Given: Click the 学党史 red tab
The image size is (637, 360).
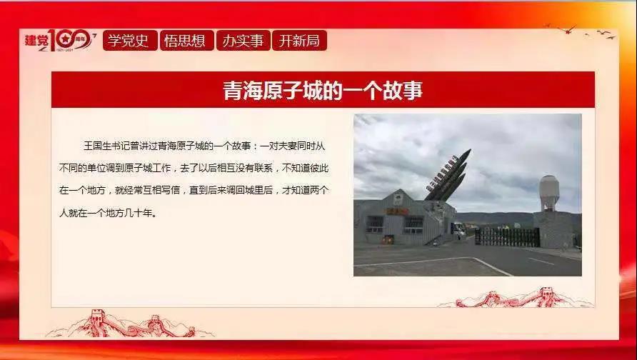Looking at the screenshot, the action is point(130,40).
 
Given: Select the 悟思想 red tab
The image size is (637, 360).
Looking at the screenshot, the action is point(186,40).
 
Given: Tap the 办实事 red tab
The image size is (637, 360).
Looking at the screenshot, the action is point(243,40).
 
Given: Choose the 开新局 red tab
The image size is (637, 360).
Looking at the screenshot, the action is point(299,40).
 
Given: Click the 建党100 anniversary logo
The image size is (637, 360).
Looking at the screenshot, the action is point(60,40).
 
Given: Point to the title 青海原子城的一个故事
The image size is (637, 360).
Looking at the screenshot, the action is point(323,90).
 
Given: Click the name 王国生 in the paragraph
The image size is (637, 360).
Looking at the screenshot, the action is point(97,146).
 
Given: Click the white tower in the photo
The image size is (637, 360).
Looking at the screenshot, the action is point(549,193).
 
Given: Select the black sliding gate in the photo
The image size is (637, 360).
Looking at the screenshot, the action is point(508,237).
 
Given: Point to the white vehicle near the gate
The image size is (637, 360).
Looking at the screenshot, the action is point(459,231).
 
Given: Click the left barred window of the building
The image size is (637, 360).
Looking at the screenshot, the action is point(375,224).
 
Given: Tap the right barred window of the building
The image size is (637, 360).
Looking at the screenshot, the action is point(413,225).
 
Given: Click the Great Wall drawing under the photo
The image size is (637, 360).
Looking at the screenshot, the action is point(516,299).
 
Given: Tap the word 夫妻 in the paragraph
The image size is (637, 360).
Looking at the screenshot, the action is point(288,146).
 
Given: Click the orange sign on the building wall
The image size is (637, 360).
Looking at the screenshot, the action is point(397,211).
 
